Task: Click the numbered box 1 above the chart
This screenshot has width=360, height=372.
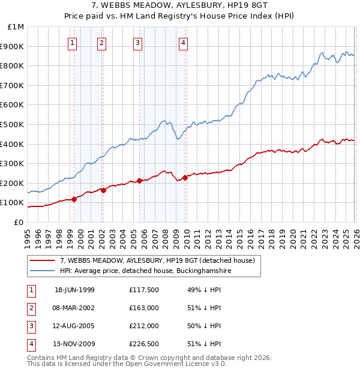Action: [x=72, y=43]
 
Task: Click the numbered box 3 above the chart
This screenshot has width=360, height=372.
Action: [x=137, y=43]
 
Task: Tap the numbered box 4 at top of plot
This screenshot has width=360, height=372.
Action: [x=182, y=43]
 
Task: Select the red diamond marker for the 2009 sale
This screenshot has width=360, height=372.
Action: [x=185, y=178]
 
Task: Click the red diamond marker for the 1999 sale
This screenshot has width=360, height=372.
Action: [x=74, y=199]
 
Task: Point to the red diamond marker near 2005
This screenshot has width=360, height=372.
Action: [x=140, y=181]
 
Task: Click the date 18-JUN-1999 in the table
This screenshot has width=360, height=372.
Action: [x=74, y=290]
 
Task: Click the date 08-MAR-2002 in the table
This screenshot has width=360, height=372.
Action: [x=74, y=308]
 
